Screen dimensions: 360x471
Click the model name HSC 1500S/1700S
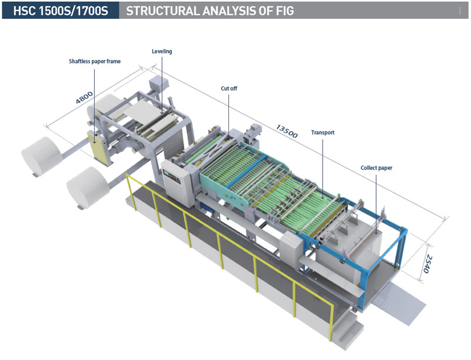(x=59, y=11)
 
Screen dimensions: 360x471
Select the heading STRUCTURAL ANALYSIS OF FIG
(x=210, y=11)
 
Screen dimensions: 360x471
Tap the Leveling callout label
(x=162, y=52)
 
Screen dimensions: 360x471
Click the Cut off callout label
(x=229, y=89)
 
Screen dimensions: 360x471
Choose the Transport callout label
(x=323, y=133)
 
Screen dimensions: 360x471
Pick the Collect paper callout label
(x=376, y=168)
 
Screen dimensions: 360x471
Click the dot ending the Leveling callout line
(x=162, y=109)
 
